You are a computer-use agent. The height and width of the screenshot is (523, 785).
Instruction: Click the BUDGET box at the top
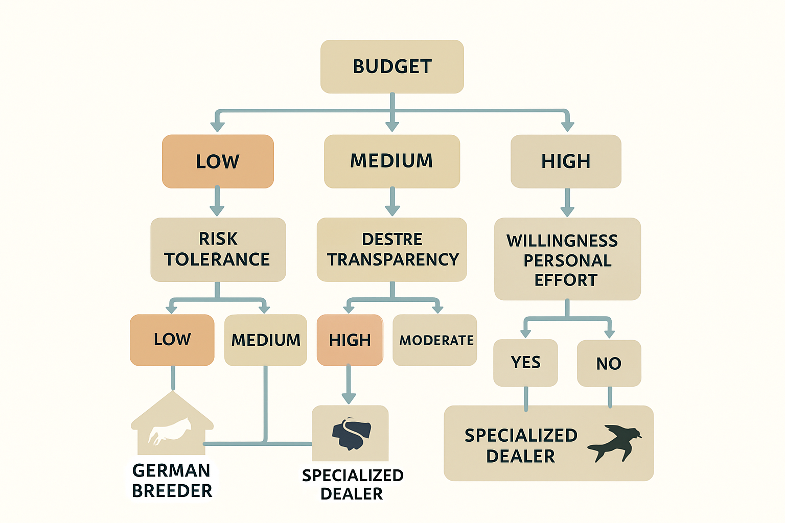click(392, 66)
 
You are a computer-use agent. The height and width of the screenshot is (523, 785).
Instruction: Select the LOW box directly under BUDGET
click(218, 161)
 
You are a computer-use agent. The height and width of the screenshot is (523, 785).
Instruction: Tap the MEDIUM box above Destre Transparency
click(392, 161)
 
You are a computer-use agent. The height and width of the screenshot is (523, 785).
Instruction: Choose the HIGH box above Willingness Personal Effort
click(566, 161)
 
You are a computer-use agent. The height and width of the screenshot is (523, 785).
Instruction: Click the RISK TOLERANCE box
click(218, 250)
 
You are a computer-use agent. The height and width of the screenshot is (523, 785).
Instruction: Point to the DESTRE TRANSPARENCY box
click(392, 250)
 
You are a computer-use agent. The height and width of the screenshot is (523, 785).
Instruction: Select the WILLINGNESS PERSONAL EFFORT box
click(567, 259)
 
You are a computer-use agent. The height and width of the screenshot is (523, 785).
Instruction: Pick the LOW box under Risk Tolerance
click(172, 340)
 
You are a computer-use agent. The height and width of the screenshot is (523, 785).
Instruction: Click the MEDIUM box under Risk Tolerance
click(266, 340)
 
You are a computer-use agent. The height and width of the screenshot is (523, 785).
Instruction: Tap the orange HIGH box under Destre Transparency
click(350, 340)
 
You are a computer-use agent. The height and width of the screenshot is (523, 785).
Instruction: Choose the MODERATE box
click(435, 340)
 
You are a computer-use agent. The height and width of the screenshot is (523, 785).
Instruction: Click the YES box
click(525, 363)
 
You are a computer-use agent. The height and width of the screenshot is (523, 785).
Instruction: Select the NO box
click(609, 363)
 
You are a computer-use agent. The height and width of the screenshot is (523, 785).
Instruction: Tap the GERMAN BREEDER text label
click(172, 480)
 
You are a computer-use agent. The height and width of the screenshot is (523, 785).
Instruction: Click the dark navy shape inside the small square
click(352, 434)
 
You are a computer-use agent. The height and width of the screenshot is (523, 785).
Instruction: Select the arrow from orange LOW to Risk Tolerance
click(217, 201)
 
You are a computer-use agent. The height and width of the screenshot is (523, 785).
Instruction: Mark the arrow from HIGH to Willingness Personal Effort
click(567, 202)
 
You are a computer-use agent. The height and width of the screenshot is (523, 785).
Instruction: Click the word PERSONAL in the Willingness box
click(567, 260)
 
